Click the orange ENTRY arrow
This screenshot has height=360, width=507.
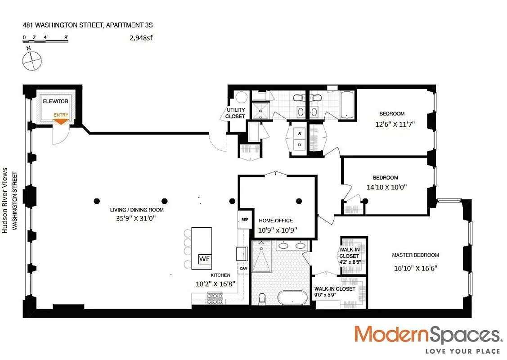pyautogui.click(x=61, y=121)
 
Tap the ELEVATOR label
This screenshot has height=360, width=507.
pyautogui.click(x=56, y=101)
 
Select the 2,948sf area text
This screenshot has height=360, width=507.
pyautogui.click(x=141, y=38)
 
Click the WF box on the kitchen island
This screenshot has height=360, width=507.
pyautogui.click(x=205, y=259)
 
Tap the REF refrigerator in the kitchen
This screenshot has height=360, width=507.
pyautogui.click(x=245, y=220)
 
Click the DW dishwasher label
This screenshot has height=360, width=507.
pyautogui.click(x=243, y=269)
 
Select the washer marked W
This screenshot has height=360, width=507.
pyautogui.click(x=300, y=133)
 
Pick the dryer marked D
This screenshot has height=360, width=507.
pyautogui.click(x=300, y=144)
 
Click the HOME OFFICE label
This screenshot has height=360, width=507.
pyautogui.click(x=276, y=220)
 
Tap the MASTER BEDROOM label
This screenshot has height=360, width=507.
pyautogui.click(x=416, y=255)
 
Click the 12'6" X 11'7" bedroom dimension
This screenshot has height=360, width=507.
pyautogui.click(x=395, y=124)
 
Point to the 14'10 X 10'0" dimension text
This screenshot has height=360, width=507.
pyautogui.click(x=387, y=187)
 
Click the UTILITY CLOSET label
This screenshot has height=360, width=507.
pyautogui.click(x=235, y=113)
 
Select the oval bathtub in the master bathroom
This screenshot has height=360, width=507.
pyautogui.click(x=292, y=297)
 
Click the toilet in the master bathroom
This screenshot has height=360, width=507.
pyautogui.click(x=262, y=299)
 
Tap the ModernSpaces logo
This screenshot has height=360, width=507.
pyautogui.click(x=428, y=339)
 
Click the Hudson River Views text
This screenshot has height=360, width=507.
pyautogui.click(x=5, y=200)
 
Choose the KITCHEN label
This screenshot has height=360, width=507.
pyautogui.click(x=220, y=275)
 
